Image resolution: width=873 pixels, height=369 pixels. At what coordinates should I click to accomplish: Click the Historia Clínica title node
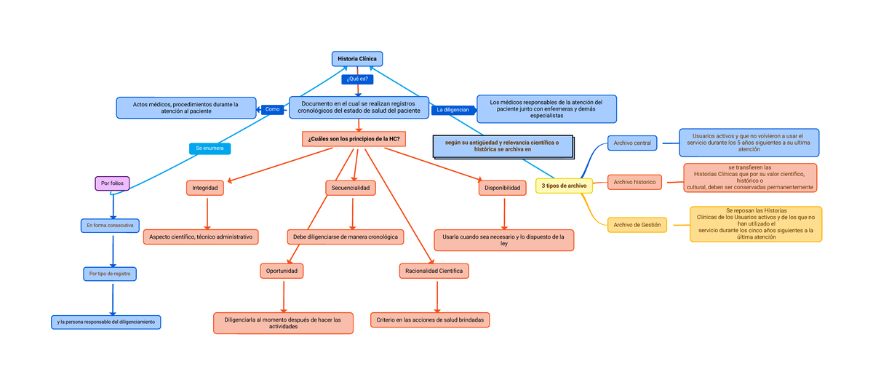(356, 59)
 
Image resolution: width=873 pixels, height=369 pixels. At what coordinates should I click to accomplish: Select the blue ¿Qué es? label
(357, 79)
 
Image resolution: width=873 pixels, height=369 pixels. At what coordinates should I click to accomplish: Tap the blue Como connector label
(272, 109)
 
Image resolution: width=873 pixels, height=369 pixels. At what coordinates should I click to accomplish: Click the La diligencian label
(453, 110)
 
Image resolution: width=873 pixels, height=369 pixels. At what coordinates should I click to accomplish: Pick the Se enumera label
(210, 148)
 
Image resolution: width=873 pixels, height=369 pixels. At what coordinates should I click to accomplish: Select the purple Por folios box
(112, 183)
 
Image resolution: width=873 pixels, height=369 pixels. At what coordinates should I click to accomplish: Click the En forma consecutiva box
(110, 226)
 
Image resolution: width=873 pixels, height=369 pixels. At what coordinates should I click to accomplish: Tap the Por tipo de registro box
(110, 274)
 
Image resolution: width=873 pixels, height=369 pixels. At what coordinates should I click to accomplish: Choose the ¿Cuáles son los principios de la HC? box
(353, 139)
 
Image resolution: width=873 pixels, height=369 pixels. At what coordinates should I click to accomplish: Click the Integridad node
(204, 188)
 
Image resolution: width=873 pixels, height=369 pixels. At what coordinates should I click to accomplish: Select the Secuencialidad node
(351, 188)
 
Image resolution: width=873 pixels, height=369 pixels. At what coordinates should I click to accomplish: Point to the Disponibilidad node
(502, 188)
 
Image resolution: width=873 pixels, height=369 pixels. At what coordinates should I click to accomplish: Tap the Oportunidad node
(281, 271)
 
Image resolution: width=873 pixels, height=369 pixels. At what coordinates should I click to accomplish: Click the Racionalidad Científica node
(434, 271)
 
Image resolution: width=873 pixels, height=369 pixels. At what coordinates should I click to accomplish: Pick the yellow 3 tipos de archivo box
(564, 186)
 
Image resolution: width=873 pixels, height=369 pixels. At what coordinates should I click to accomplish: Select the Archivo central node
(631, 143)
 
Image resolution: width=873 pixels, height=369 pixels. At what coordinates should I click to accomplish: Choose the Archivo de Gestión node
(637, 225)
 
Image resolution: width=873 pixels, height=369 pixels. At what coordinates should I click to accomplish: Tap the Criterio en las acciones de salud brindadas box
(430, 320)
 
